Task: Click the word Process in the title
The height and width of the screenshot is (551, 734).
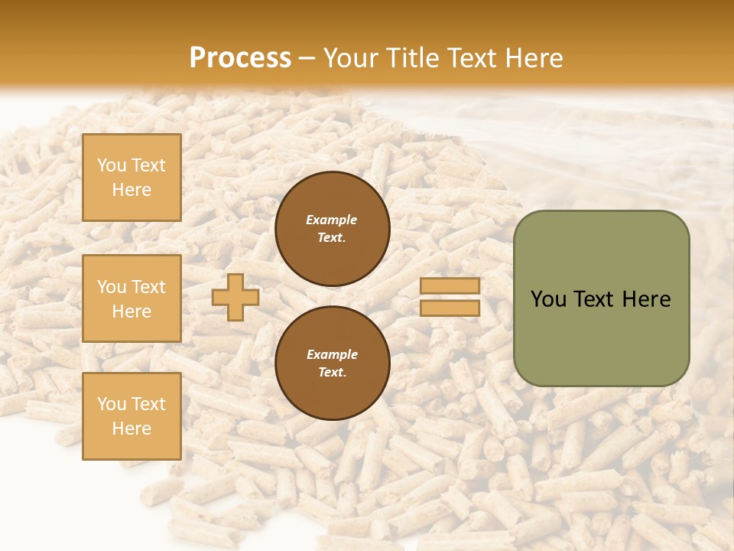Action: coord(240,58)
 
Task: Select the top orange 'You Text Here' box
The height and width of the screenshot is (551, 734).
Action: coord(132,178)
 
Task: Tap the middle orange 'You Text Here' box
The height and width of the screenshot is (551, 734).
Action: coord(132,298)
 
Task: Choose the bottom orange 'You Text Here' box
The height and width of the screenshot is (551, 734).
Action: coord(132,416)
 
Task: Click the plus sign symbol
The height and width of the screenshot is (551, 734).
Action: coord(235,297)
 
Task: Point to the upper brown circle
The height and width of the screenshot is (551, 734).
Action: coord(332,229)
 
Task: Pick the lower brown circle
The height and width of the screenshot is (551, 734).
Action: coord(332,364)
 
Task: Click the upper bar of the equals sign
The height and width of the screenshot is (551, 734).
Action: coord(450,286)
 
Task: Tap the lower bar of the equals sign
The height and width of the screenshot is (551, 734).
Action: coord(450,308)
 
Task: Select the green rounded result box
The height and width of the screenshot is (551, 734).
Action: coord(601,298)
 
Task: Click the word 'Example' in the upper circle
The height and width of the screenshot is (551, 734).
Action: coord(332,220)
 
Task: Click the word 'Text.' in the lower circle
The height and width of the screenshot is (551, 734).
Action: coord(332,373)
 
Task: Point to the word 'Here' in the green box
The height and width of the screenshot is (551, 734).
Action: coord(646,299)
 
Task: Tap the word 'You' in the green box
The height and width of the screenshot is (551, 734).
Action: coord(548,299)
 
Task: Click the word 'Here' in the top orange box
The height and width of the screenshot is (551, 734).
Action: coord(132,190)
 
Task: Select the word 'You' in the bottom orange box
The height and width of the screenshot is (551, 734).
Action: coord(112,404)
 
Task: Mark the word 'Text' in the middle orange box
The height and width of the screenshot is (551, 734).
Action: coord(148,287)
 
